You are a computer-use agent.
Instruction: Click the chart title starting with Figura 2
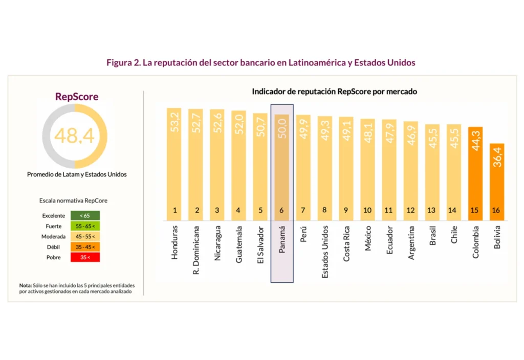pyautogui.click(x=261, y=62)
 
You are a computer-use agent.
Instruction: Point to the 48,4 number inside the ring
pyautogui.click(x=74, y=136)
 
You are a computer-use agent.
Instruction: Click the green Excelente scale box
pyautogui.click(x=85, y=216)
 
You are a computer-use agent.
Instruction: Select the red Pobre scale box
pyautogui.click(x=85, y=257)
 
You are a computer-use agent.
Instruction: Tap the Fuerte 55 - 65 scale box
pyautogui.click(x=85, y=226)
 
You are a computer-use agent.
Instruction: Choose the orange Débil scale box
pyautogui.click(x=85, y=247)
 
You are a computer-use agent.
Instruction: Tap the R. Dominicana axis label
pyautogui.click(x=196, y=249)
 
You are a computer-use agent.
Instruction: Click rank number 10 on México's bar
pyautogui.click(x=368, y=210)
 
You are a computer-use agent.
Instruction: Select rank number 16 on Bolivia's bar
pyautogui.click(x=497, y=210)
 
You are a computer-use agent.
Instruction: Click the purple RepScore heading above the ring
pyautogui.click(x=77, y=97)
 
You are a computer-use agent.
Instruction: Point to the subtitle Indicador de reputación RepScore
pyautogui.click(x=335, y=92)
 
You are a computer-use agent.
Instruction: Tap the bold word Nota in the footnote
pyautogui.click(x=26, y=285)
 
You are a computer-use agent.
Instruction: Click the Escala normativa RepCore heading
pyautogui.click(x=73, y=201)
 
